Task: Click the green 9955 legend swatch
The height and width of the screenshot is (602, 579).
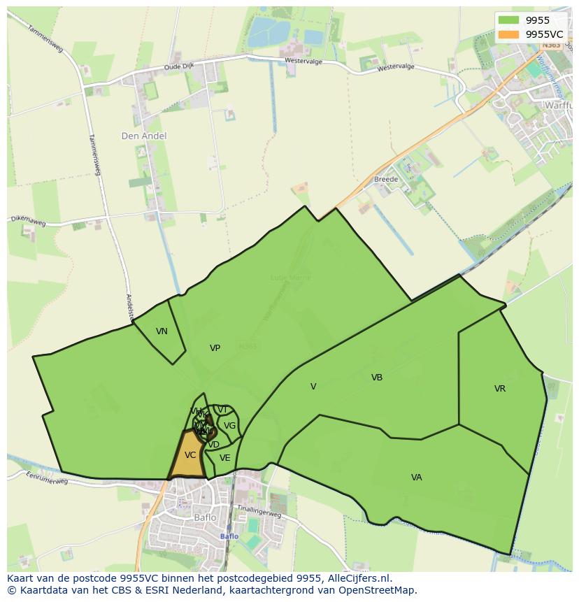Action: coord(508,21)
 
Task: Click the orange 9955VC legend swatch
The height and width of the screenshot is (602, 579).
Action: coord(508,34)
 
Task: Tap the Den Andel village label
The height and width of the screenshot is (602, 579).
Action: coord(144,136)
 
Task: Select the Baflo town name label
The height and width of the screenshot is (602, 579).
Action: coord(205,518)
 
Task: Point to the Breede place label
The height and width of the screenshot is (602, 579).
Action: coord(385,179)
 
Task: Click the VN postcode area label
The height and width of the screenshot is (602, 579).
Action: coord(162,331)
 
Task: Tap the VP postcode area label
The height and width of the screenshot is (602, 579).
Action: coord(215,347)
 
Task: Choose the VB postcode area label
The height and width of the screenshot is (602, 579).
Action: coord(377,378)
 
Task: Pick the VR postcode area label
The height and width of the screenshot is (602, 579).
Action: coord(500,389)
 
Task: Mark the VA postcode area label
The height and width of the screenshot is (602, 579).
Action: coord(417,478)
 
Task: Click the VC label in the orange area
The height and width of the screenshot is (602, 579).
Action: coord(190,455)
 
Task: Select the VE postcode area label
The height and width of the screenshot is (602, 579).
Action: coord(224,458)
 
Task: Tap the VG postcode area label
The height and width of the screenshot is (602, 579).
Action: coord(229,425)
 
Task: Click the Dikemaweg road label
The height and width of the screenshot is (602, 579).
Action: coord(27,222)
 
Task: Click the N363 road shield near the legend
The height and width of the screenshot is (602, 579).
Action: coord(551,45)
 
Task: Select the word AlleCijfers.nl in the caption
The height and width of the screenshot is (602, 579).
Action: coord(357,578)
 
